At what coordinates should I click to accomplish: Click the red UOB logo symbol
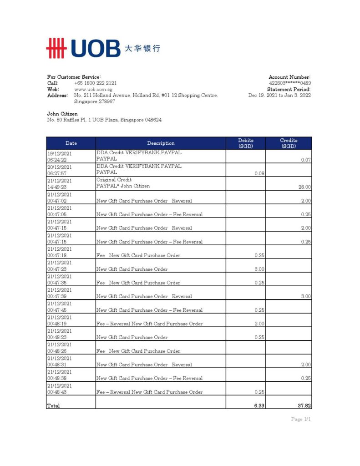click(x=56, y=48)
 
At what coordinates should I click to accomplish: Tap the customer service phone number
click(x=95, y=83)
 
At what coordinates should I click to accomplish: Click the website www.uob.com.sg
click(x=93, y=89)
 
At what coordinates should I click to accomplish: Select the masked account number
click(x=290, y=83)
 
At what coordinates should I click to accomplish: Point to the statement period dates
click(x=279, y=95)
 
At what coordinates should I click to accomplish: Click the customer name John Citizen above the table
click(x=62, y=114)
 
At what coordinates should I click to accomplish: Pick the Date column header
click(x=71, y=143)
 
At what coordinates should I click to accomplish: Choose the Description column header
click(x=161, y=143)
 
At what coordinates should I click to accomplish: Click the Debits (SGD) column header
click(x=246, y=143)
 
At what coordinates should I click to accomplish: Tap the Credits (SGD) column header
click(x=289, y=143)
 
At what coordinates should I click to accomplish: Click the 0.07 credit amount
click(x=306, y=160)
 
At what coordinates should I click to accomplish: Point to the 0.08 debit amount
click(x=259, y=173)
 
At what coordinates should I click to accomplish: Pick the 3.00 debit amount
click(x=259, y=269)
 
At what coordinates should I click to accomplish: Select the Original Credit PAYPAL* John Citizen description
click(x=123, y=183)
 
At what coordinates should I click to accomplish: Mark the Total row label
click(x=53, y=405)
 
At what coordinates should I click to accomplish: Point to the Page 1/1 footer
click(x=301, y=419)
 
